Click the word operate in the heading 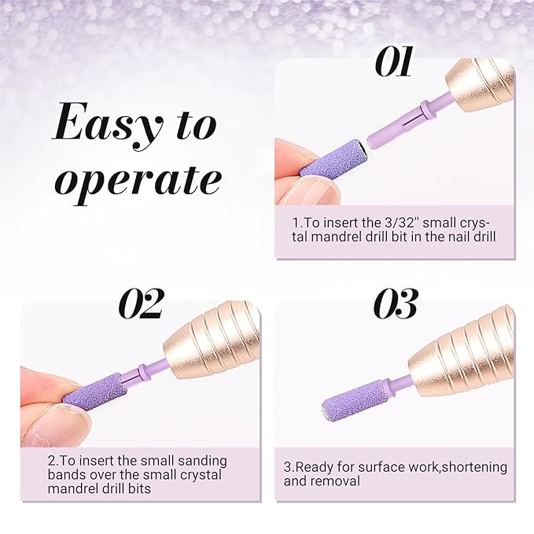pos(138,180)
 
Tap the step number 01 pos(394,61)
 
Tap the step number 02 pos(141,304)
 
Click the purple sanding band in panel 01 pos(334,157)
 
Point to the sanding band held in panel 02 pos(96,391)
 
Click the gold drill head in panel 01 pos(480,87)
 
